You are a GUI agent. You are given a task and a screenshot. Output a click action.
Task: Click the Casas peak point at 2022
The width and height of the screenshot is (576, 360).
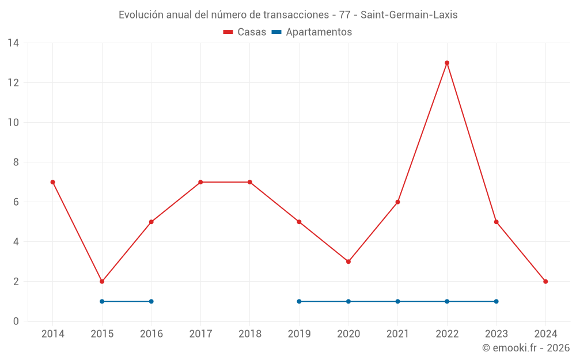click(447, 63)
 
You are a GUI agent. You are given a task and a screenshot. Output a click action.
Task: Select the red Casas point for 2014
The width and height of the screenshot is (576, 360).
click(52, 182)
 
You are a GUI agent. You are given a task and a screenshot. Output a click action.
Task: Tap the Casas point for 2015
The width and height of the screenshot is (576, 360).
click(102, 282)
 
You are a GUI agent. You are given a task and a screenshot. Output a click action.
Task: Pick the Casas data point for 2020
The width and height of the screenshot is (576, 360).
click(348, 262)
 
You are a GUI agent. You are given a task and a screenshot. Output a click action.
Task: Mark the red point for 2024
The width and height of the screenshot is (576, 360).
click(545, 282)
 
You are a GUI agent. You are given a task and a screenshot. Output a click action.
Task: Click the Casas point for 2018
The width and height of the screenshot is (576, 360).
click(250, 182)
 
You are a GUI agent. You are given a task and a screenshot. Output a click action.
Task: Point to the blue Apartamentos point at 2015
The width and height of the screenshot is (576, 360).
click(102, 301)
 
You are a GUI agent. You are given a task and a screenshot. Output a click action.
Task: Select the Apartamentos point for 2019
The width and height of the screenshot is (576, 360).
click(299, 301)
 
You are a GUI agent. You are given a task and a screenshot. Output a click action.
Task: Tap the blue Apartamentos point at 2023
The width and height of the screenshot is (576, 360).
click(496, 301)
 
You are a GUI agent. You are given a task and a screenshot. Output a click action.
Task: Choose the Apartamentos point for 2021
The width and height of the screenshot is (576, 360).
click(397, 301)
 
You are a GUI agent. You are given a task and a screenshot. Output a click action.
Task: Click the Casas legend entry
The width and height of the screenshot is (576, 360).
click(245, 32)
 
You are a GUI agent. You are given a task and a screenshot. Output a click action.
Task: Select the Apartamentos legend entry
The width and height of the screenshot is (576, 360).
click(312, 32)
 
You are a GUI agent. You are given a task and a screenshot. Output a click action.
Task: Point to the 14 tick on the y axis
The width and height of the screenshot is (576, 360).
click(13, 43)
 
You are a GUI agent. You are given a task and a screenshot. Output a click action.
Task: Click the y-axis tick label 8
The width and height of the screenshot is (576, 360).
click(16, 162)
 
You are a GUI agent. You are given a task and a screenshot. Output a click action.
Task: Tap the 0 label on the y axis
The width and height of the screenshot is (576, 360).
click(16, 321)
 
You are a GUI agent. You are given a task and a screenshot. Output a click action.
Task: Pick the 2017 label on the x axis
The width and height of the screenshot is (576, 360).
click(200, 334)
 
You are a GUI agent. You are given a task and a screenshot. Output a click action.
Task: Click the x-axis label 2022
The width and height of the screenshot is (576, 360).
click(447, 334)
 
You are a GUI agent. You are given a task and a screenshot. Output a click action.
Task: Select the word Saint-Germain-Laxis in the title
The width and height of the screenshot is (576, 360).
click(409, 15)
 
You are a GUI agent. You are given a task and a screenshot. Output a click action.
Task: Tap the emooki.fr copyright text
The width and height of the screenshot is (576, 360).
click(526, 348)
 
